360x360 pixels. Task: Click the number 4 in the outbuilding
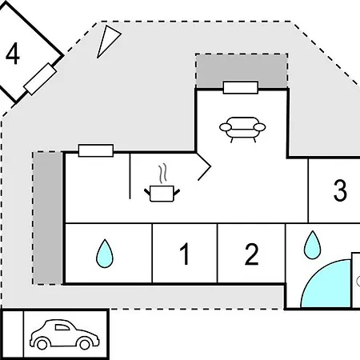point(13,54)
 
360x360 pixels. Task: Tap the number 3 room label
point(340,190)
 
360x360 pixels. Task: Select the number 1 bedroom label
point(185,254)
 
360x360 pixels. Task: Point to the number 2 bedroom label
point(251,254)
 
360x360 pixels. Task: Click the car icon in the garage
point(65,334)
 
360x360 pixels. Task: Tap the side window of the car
point(62,327)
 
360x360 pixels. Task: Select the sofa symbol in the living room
point(242,130)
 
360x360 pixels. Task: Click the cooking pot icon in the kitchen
point(162,194)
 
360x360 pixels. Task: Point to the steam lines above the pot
point(162,174)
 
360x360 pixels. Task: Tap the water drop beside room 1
point(105,254)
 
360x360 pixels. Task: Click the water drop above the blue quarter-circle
point(312,246)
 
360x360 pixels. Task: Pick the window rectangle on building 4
point(40,79)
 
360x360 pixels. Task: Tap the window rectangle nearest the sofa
point(241,87)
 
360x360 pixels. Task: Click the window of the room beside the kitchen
point(96,150)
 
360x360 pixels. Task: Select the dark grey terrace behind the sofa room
point(242,70)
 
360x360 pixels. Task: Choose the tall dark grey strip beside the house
point(48,218)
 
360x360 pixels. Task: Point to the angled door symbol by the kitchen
point(204,166)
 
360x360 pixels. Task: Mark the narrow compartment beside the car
point(13,334)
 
